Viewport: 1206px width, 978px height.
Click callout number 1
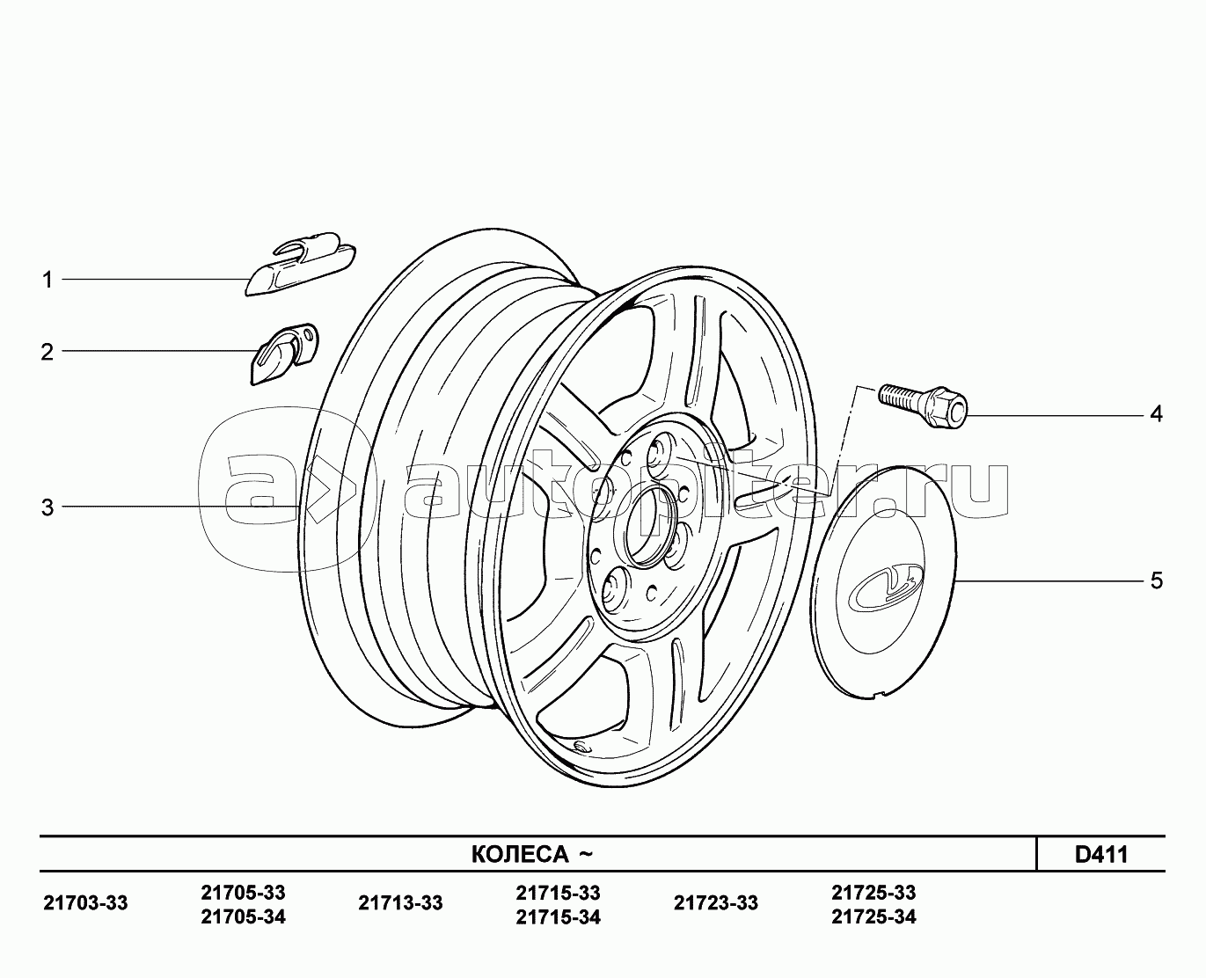tap(48, 281)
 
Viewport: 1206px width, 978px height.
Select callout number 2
tap(48, 352)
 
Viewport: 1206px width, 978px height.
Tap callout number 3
tap(48, 507)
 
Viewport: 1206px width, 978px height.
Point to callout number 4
tap(1156, 414)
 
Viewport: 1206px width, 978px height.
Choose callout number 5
tap(1157, 581)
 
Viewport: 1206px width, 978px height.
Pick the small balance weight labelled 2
tap(284, 354)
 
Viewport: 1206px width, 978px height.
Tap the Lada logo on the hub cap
tap(885, 588)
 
